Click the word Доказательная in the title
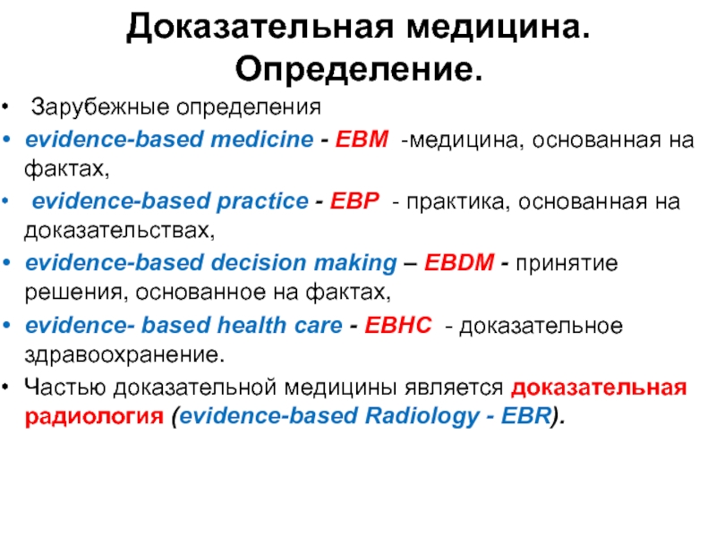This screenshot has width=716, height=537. (x=260, y=27)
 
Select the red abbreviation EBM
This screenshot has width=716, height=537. (x=362, y=139)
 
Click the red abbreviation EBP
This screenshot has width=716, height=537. (x=354, y=200)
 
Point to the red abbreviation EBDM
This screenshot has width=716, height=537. (x=459, y=262)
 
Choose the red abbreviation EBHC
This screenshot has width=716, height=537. (x=397, y=325)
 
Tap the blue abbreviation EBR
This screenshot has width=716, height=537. (x=526, y=415)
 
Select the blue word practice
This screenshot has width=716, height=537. (x=262, y=201)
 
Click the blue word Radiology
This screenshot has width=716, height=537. (x=422, y=416)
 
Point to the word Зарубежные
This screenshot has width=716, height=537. (x=100, y=107)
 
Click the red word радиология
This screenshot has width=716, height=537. (x=94, y=416)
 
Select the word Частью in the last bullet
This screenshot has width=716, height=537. (x=65, y=387)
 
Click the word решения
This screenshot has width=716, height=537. (x=74, y=293)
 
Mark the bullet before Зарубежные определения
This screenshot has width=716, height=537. (x=5, y=107)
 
